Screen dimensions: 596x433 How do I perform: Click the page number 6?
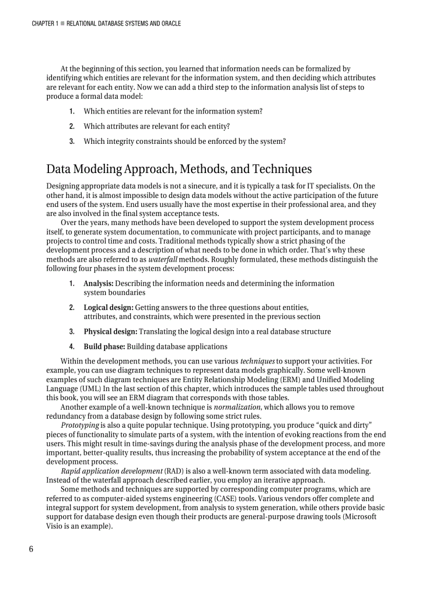[x=31, y=549]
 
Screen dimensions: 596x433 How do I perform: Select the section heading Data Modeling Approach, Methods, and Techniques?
[x=179, y=169]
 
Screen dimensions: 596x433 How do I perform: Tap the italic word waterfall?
[x=164, y=260]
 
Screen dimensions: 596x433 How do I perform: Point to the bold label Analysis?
[x=98, y=283]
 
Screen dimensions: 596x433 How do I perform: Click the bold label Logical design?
[x=108, y=307]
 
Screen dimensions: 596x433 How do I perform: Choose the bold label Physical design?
[x=110, y=332]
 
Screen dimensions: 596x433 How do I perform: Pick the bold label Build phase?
[x=104, y=347]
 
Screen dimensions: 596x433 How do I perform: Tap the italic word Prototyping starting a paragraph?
[x=80, y=426]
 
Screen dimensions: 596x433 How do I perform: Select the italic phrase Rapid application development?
[x=111, y=471]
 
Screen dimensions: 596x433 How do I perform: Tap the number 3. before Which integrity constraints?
[x=71, y=141]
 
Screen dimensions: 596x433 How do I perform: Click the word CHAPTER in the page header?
[x=42, y=23]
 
